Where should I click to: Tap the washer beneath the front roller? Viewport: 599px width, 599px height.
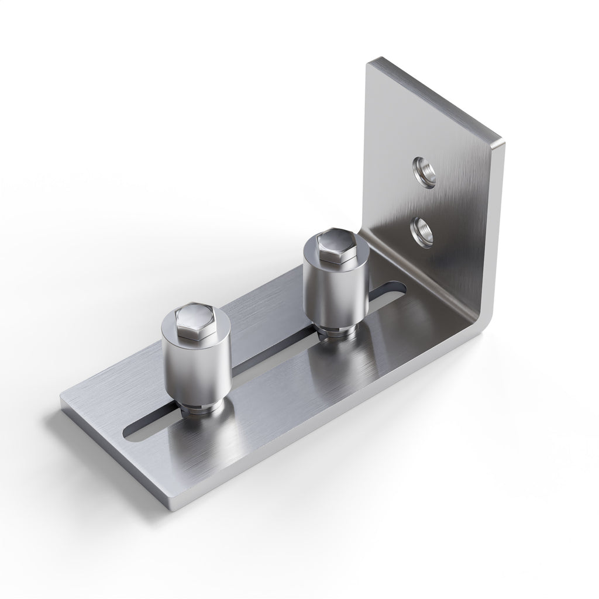tap(201, 410)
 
